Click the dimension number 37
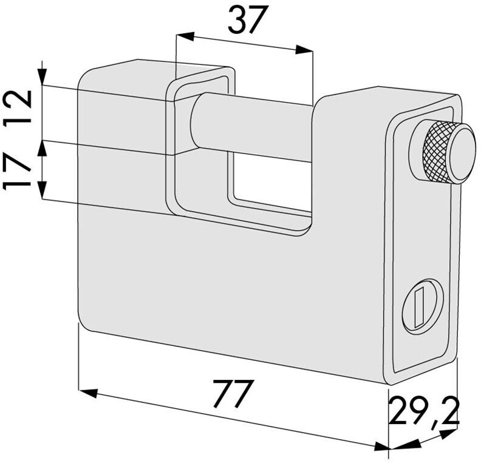coord(247,20)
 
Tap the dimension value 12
coord(18,106)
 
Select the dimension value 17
coord(17,172)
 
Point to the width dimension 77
coord(234,394)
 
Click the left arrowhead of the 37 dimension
coord(186,36)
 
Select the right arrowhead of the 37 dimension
coord(304,50)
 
